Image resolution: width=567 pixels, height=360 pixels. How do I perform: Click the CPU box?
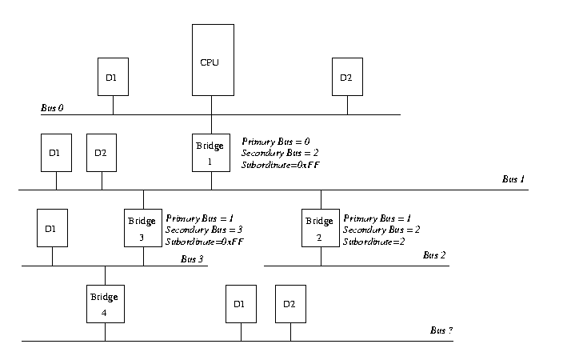click(212, 60)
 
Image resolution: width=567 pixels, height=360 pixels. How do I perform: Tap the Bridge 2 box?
click(321, 227)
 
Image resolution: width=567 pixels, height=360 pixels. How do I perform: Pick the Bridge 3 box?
click(143, 227)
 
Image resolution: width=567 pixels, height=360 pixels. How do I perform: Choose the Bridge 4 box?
click(105, 303)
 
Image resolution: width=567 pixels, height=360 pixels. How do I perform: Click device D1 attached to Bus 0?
click(112, 78)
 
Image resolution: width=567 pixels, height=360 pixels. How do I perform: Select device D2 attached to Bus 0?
click(346, 78)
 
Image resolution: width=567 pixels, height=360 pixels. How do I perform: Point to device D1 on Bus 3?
click(51, 228)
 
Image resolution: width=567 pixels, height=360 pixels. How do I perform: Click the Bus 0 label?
click(52, 107)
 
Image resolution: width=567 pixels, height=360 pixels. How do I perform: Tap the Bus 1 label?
click(513, 180)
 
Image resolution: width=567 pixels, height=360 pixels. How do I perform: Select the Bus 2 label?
click(434, 255)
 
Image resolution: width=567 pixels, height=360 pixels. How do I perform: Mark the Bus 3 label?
click(193, 258)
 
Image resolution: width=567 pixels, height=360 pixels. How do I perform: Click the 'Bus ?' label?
click(442, 330)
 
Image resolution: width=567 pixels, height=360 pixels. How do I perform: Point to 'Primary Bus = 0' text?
click(275, 141)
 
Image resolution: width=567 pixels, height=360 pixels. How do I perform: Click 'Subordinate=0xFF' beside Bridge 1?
click(281, 165)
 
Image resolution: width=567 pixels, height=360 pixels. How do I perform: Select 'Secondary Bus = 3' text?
click(203, 230)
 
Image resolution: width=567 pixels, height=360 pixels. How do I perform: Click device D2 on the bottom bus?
click(290, 304)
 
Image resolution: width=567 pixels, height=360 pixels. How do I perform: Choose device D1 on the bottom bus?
click(240, 304)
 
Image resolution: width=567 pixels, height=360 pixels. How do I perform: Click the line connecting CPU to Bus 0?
click(212, 105)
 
